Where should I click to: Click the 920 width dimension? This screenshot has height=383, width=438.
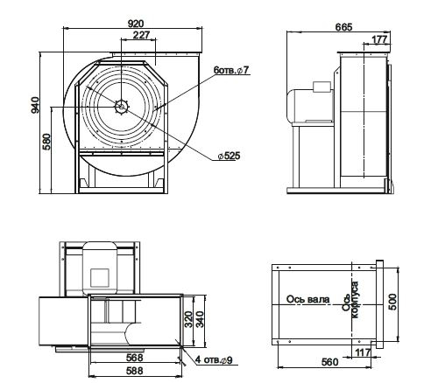(136, 24)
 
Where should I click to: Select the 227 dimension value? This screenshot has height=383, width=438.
(141, 35)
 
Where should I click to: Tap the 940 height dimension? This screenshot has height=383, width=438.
(35, 105)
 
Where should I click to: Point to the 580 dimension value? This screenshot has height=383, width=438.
(46, 142)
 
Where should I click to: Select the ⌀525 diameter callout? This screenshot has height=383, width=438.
(230, 156)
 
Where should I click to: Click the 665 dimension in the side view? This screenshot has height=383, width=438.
(344, 27)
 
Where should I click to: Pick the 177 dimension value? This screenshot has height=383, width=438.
(379, 39)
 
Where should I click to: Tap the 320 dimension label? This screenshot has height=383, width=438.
(189, 319)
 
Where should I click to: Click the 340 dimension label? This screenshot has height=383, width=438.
(200, 319)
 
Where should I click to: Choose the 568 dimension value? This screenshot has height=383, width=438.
(135, 358)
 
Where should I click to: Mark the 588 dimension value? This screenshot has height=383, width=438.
(135, 371)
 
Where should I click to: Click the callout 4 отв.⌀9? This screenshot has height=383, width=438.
(214, 360)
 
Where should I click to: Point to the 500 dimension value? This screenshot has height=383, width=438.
(393, 302)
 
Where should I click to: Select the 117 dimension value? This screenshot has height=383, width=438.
(363, 352)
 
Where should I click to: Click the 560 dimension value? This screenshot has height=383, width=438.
(329, 362)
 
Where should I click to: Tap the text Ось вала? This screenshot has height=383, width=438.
(308, 299)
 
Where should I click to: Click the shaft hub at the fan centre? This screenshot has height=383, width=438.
(121, 107)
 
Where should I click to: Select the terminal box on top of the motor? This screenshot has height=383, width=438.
(321, 87)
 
